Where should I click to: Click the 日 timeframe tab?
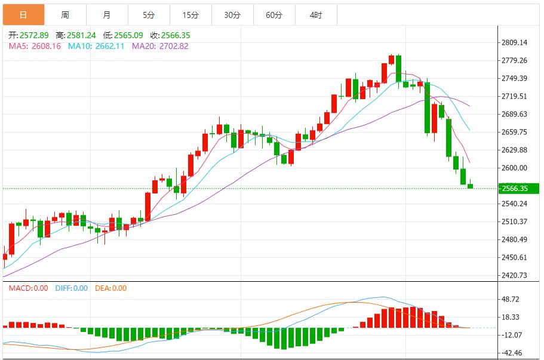click(23, 15)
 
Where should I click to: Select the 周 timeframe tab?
click(64, 15)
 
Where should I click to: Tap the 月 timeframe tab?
click(106, 15)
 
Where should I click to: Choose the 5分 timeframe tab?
click(149, 15)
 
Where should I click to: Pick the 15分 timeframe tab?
click(190, 15)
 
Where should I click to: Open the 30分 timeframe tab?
click(232, 15)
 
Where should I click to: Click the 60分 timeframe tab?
click(274, 15)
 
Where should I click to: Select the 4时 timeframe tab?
click(316, 15)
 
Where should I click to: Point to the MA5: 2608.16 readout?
click(35, 46)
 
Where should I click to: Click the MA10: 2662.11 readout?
click(96, 46)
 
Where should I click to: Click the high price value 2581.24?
click(79, 35)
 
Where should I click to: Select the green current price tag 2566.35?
click(517, 189)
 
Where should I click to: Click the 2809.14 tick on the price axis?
click(514, 42)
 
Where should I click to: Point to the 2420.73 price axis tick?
click(514, 275)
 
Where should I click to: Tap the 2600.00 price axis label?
click(514, 168)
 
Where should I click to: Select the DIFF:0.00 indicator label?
click(71, 288)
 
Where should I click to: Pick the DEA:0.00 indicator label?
click(110, 288)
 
